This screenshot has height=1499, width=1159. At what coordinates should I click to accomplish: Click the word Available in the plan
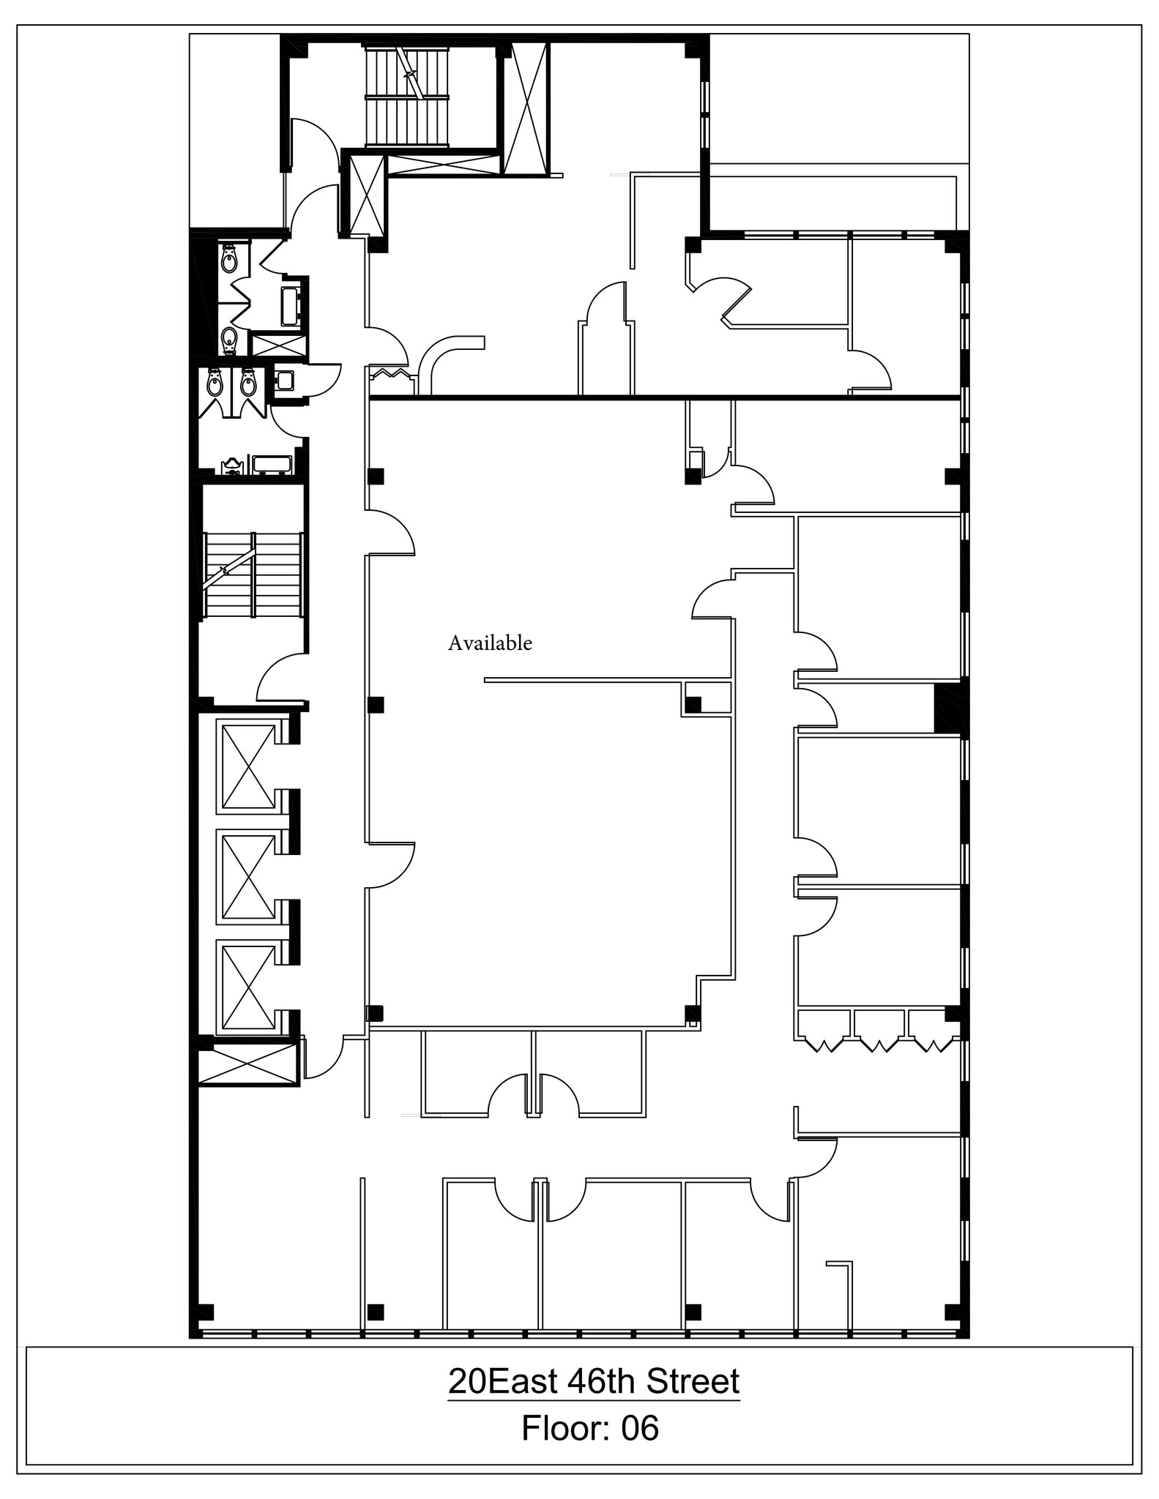click(490, 643)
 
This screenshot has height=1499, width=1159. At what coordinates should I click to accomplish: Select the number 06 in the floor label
click(639, 1428)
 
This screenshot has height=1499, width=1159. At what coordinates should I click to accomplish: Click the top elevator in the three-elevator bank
click(249, 766)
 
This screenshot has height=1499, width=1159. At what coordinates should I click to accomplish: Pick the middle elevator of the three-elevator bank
click(249, 876)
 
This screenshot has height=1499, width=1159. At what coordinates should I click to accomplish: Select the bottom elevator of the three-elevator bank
click(249, 987)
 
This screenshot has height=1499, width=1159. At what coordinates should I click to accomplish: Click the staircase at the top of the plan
click(406, 97)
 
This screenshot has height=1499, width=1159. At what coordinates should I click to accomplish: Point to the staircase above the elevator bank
click(253, 576)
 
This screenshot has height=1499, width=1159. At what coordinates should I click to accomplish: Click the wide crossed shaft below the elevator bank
click(248, 1063)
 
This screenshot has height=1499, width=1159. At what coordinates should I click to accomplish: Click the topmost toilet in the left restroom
click(229, 259)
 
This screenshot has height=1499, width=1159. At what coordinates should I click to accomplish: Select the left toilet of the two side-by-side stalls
click(215, 384)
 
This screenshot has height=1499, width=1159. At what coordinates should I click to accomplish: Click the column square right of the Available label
click(692, 705)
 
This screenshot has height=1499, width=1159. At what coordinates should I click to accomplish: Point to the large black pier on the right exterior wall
click(950, 707)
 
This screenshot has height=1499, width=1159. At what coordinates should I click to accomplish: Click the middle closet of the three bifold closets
click(880, 1031)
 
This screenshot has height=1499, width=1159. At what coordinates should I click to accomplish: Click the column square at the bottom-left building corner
click(206, 1312)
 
